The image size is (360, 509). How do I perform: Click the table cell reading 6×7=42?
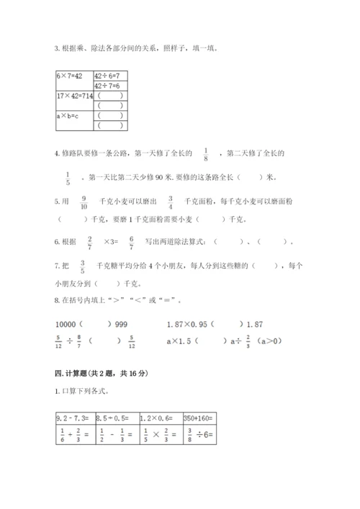[73, 75]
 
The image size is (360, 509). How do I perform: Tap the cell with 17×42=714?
[73, 95]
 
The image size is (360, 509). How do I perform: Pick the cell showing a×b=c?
[73, 115]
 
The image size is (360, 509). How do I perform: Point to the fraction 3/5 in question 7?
[83, 267]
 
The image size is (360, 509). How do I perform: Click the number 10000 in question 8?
[66, 324]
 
